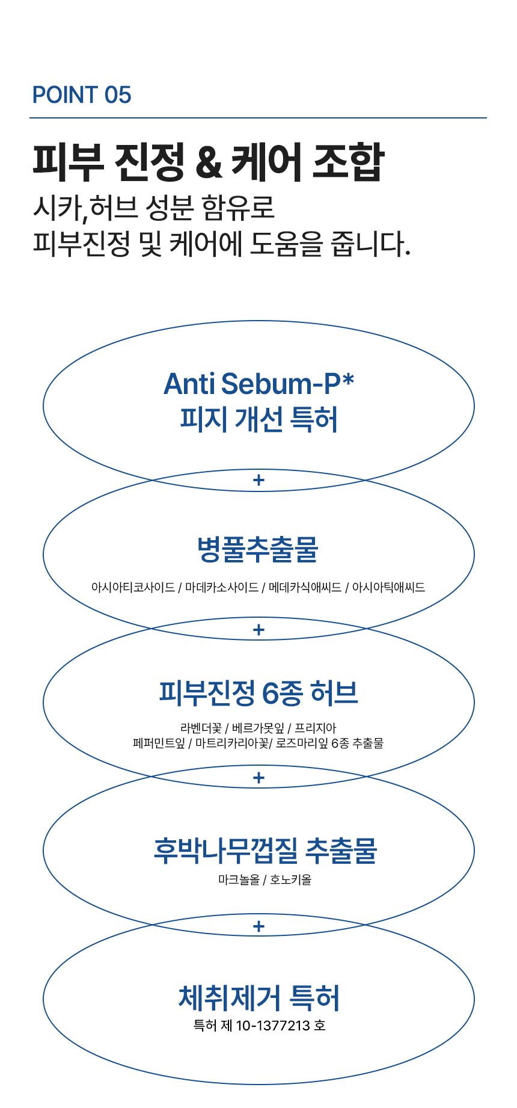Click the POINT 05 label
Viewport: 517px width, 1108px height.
tap(82, 95)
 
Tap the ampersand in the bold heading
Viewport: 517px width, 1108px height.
tap(209, 163)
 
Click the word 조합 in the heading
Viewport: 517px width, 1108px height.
tap(349, 162)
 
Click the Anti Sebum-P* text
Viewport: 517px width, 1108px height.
tap(259, 384)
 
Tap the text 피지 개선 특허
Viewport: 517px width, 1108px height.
tap(259, 419)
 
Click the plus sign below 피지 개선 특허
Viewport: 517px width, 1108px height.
tap(259, 480)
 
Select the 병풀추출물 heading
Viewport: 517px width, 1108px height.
tap(258, 549)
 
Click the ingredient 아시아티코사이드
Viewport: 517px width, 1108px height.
tap(133, 587)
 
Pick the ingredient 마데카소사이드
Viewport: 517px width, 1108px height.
tap(222, 587)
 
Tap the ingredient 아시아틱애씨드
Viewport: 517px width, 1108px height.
tap(388, 587)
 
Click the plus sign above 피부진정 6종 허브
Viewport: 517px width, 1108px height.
tap(259, 630)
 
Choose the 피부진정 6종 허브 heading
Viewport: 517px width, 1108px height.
tap(258, 693)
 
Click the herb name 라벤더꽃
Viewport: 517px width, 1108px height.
tap(201, 728)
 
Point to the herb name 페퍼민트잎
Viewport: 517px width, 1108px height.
tap(159, 743)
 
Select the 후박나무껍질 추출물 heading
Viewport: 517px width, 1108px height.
tap(265, 851)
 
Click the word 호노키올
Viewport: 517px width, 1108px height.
tap(291, 880)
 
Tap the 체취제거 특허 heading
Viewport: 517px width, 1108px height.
tap(259, 998)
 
